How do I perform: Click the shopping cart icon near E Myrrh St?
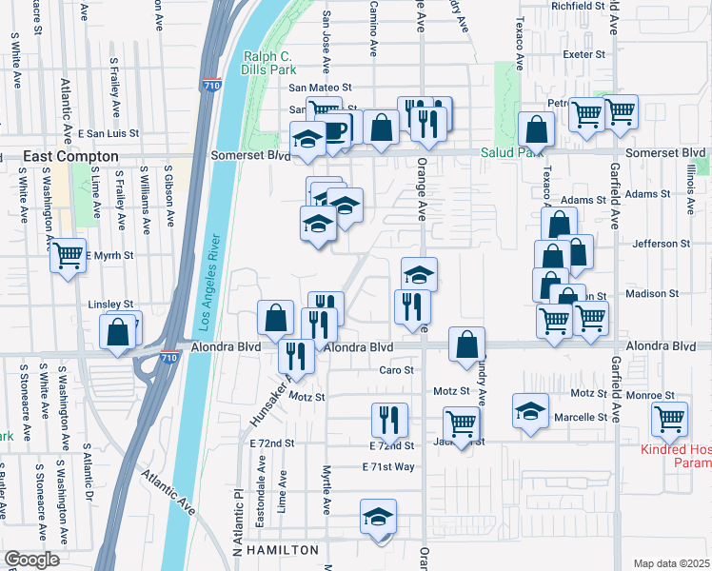tap(68, 255)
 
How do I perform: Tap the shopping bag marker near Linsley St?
tap(118, 332)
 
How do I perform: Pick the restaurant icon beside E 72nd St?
tap(388, 419)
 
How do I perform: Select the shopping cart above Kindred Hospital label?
tap(670, 418)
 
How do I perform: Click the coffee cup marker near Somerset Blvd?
tap(337, 128)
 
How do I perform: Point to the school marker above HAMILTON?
tap(378, 518)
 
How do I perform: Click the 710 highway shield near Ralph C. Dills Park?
tap(211, 86)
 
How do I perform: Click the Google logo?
tap(31, 560)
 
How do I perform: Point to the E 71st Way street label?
tap(388, 466)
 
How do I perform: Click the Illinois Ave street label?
tap(689, 181)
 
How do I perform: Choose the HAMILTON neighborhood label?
tap(282, 551)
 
